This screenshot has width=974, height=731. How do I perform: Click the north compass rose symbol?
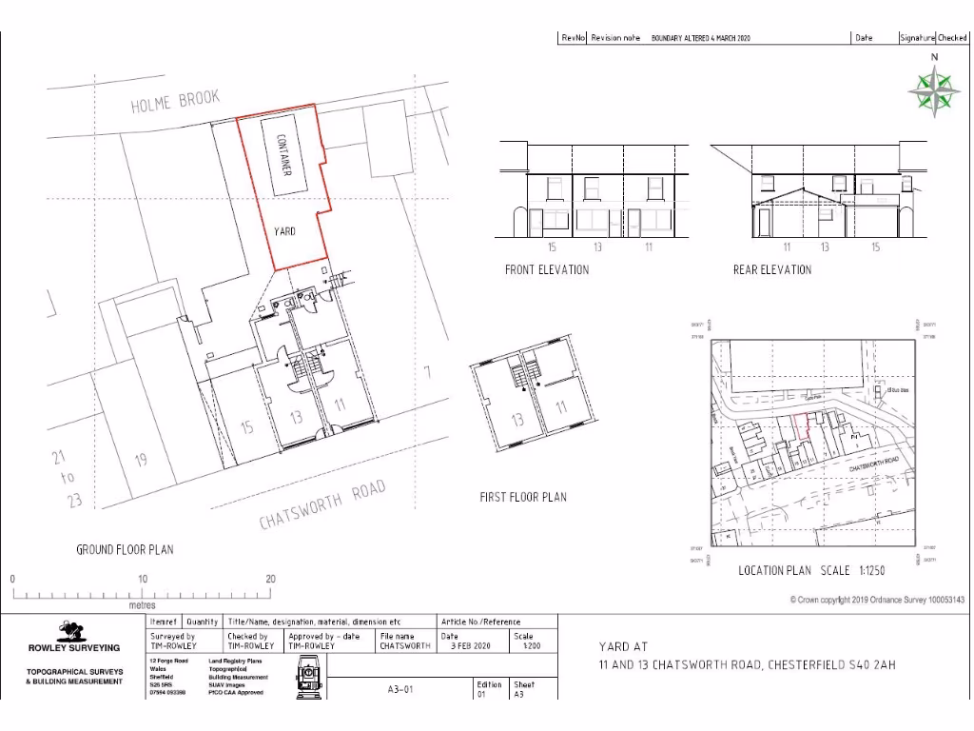(x=933, y=91)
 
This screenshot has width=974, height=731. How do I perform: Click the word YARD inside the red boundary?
(x=284, y=231)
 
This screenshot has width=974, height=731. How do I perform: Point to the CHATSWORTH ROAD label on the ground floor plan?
(x=323, y=505)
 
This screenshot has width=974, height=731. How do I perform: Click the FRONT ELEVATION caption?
(x=547, y=269)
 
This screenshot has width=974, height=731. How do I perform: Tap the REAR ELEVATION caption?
(x=772, y=269)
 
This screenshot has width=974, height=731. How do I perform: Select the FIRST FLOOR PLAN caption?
(x=523, y=497)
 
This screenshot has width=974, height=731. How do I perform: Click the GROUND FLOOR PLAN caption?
(x=125, y=549)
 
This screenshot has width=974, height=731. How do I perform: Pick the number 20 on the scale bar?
(x=270, y=579)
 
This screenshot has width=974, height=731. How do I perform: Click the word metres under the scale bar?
(x=142, y=604)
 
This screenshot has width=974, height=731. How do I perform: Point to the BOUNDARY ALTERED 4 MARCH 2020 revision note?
(x=701, y=38)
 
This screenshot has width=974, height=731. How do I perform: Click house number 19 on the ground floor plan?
(x=141, y=461)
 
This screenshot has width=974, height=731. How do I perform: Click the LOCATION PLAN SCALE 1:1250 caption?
(x=811, y=570)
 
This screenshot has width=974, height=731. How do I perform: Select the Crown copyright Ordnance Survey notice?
(x=877, y=600)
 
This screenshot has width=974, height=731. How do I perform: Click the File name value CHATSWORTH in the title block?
(x=405, y=645)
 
